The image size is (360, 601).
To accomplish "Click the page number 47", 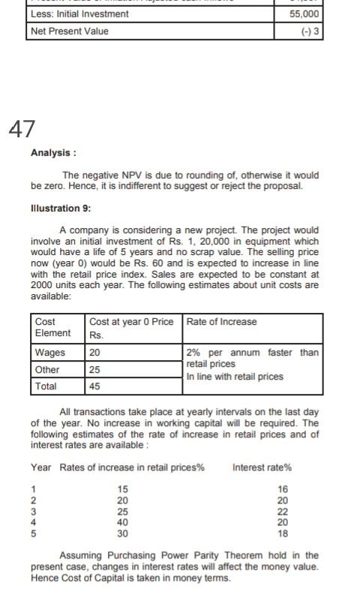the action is tap(22, 128).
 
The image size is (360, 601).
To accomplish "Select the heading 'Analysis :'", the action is tap(53, 153).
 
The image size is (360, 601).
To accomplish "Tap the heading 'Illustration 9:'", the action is tap(65, 208).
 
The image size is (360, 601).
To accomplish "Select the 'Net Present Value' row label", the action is tap(69, 31).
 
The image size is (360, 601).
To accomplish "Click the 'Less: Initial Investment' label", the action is tap(79, 14).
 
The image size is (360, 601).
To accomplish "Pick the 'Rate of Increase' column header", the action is tap(221, 322).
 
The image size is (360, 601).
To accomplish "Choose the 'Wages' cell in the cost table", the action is tap(49, 353).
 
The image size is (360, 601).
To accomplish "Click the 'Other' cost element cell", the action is tap(46, 369).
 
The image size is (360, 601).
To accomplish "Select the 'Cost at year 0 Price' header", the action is tap(131, 322).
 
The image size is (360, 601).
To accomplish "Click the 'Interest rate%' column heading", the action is tap(262, 467).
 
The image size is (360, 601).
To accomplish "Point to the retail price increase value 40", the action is tap(122, 522).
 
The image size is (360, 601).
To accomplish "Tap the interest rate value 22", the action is tap(283, 511).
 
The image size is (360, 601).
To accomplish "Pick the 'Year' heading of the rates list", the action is tap(41, 467).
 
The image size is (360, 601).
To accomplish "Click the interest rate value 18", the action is tap(283, 533).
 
